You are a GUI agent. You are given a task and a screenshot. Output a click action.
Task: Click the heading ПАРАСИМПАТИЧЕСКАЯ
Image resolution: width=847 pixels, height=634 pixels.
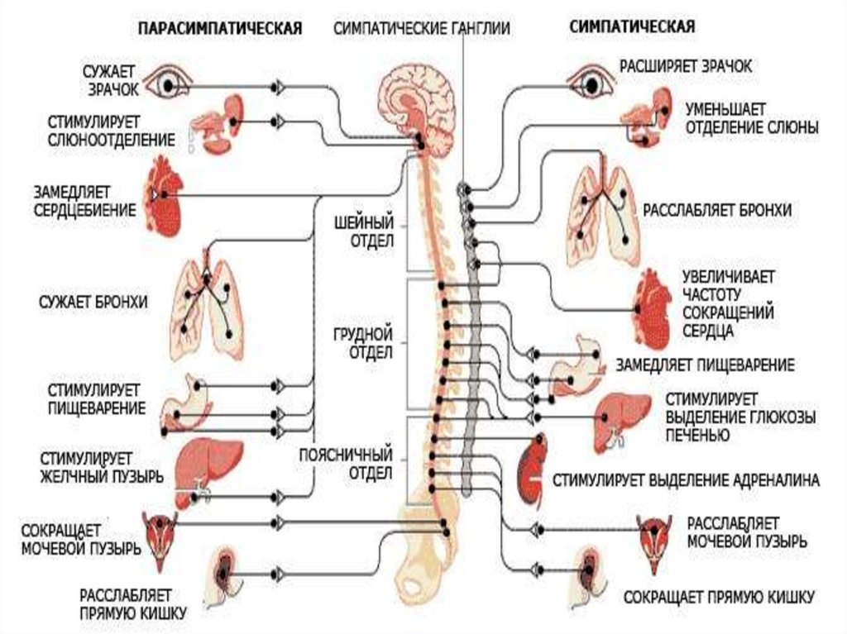pos(219,27)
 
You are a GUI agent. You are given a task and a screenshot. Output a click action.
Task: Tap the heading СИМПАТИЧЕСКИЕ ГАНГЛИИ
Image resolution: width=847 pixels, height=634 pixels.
pos(422,27)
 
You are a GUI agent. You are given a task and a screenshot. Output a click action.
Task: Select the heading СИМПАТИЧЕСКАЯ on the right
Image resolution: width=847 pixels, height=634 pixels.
pos(632,26)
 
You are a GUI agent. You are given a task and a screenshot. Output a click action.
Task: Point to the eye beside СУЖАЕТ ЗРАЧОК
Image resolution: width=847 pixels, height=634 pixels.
pos(168,83)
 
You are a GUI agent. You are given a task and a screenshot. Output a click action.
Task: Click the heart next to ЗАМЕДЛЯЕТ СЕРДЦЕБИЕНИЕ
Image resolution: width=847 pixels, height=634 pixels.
pos(165,196)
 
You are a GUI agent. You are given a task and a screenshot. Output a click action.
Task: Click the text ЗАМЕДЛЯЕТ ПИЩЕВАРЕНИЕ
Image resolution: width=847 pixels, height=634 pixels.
pos(705,365)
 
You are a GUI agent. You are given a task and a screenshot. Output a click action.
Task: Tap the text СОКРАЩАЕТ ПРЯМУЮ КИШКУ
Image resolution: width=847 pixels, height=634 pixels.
pos(720,596)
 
